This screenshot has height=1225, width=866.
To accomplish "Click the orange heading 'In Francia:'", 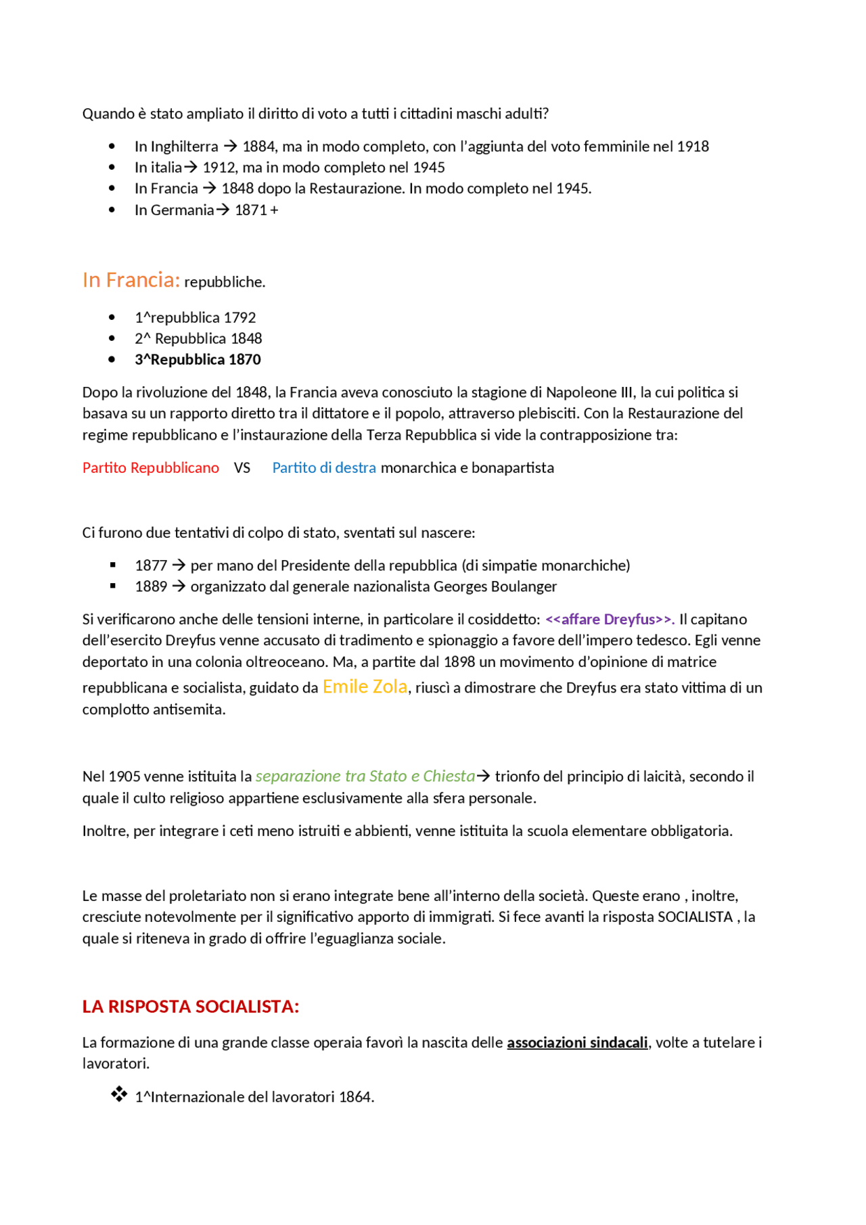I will point(131,280).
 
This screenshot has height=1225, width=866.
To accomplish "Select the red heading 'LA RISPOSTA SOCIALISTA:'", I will point(190,1007).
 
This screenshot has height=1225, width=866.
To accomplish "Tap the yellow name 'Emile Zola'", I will point(365,687).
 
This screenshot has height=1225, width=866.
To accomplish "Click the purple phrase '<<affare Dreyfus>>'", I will point(609,619).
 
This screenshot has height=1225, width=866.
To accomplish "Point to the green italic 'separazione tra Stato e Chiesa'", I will point(365,776).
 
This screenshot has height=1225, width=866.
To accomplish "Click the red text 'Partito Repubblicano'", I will point(150,467).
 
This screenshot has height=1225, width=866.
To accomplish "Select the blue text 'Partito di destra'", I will point(323,467).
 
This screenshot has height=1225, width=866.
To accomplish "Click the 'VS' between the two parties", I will point(242,467).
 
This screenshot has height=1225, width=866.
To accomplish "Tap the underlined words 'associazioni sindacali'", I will point(576,1042).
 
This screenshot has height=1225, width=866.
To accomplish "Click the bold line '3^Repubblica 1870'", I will point(198,359).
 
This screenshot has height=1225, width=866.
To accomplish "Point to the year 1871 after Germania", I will point(250,210).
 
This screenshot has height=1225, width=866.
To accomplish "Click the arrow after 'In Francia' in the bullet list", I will point(209,188).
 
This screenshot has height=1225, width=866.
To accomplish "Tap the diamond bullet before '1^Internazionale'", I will point(119,1094).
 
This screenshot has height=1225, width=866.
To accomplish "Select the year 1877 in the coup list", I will point(150,565).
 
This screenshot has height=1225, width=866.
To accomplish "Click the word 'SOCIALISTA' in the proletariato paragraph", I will point(695,917).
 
